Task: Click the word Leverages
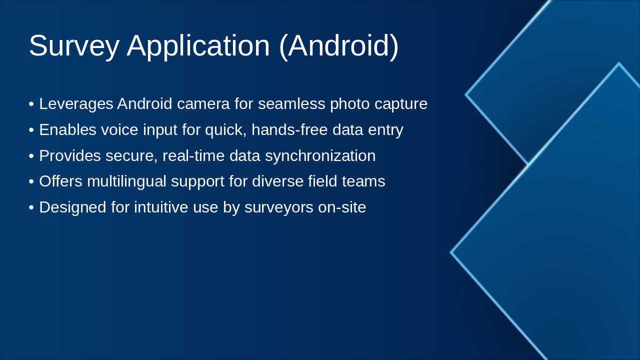(x=76, y=104)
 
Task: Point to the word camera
(x=203, y=104)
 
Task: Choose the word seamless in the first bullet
(x=291, y=103)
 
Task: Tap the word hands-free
(x=289, y=129)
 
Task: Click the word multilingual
(x=126, y=181)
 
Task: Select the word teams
(x=363, y=181)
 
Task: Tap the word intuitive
(x=161, y=207)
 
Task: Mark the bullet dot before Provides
(x=31, y=156)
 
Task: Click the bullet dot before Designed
(x=31, y=207)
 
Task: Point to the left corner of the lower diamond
(x=450, y=252)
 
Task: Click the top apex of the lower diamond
(x=619, y=63)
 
